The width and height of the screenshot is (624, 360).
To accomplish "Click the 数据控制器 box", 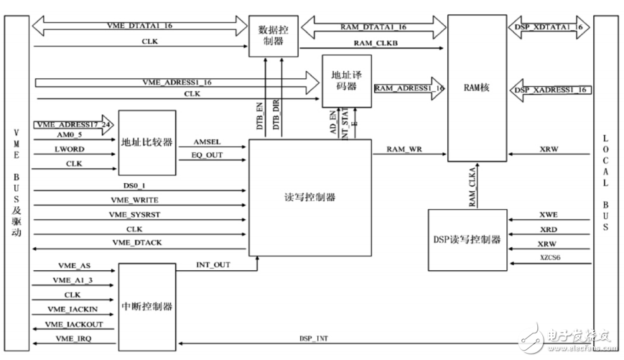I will (x=272, y=36).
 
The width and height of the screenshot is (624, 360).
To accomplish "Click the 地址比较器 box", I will (x=146, y=142).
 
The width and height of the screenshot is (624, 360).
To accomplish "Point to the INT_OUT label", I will (x=213, y=265).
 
